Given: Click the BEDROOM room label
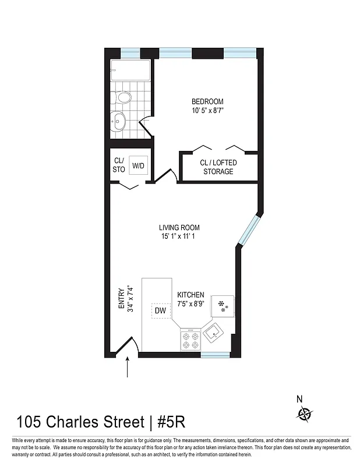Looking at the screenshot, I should [x=207, y=101].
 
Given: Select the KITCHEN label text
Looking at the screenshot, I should [x=190, y=295].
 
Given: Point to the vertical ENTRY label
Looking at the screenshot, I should [x=121, y=298].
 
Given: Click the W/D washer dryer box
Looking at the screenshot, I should [x=138, y=165].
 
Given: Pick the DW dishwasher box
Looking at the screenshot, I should [x=161, y=311].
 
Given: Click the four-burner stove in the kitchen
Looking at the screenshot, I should [x=190, y=340].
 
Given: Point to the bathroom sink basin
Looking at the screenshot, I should [x=119, y=122].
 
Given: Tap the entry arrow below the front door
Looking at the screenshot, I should [x=128, y=368].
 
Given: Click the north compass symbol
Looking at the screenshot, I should [x=303, y=414].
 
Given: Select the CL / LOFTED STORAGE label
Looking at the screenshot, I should [x=218, y=167].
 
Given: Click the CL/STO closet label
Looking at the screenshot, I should [x=119, y=165].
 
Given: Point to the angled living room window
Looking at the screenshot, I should [x=247, y=231].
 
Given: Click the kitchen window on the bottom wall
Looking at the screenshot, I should [x=215, y=354].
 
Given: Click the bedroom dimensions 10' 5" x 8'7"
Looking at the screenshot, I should [x=207, y=111].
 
